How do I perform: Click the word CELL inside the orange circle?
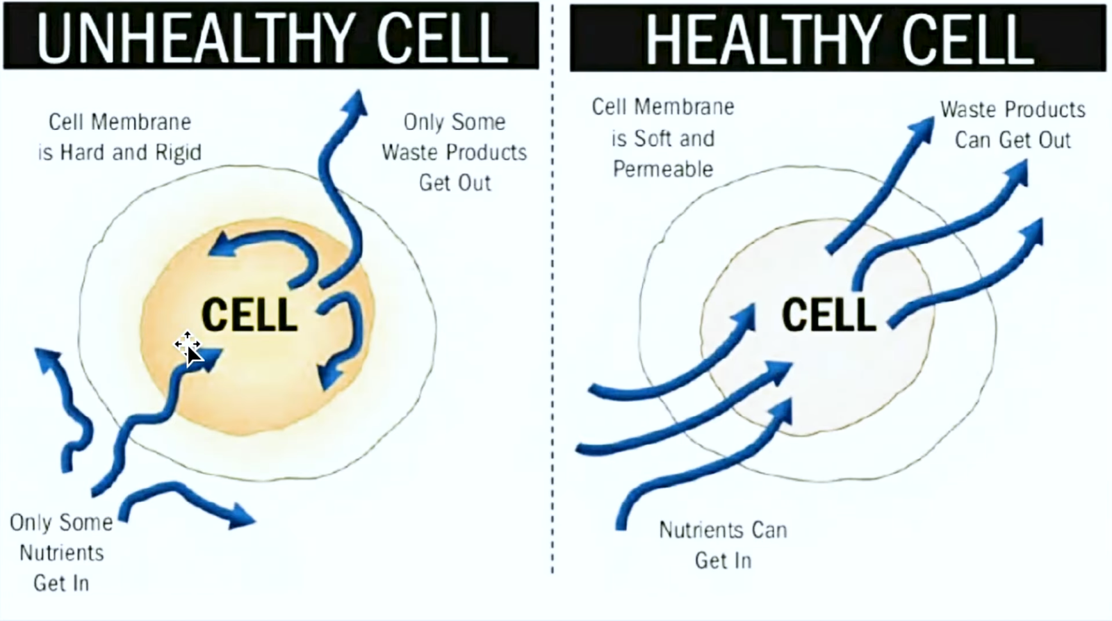click(x=250, y=314)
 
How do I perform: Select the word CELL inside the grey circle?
click(x=829, y=314)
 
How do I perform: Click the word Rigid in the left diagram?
click(x=178, y=152)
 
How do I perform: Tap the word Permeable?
click(x=662, y=169)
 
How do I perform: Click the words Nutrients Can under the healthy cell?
click(x=723, y=530)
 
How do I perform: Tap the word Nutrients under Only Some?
click(x=62, y=553)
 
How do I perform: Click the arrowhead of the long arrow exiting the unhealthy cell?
click(x=357, y=104)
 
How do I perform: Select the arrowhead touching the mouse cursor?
click(x=208, y=357)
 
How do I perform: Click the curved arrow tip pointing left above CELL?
click(x=224, y=245)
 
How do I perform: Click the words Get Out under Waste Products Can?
click(x=1013, y=140)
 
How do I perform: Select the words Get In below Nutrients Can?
click(x=723, y=560)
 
